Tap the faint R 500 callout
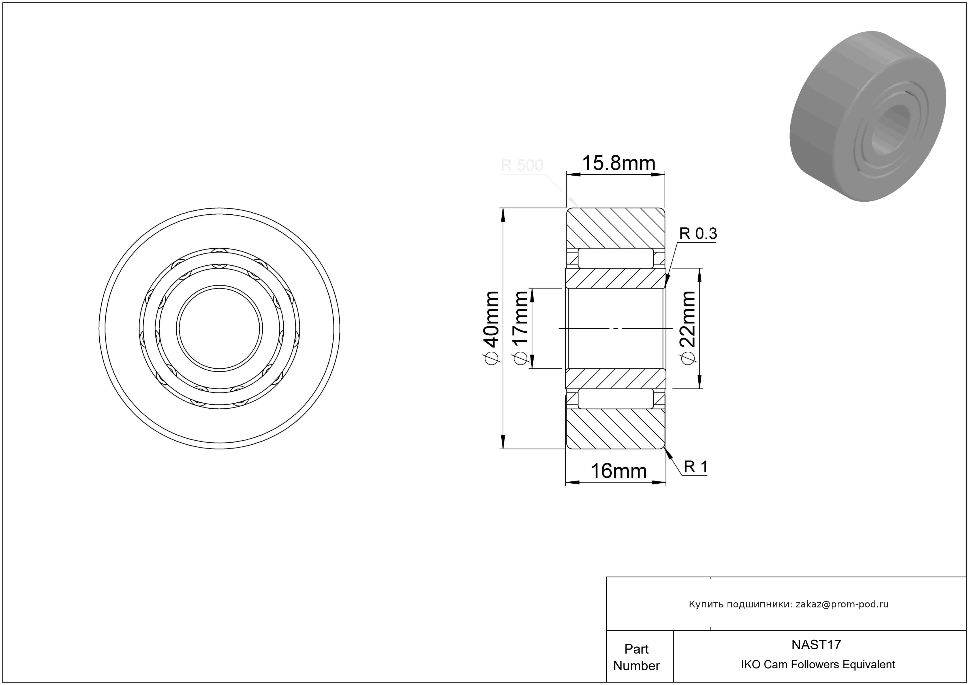point(522,165)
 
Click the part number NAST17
point(816,645)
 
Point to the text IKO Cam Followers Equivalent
point(818,664)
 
